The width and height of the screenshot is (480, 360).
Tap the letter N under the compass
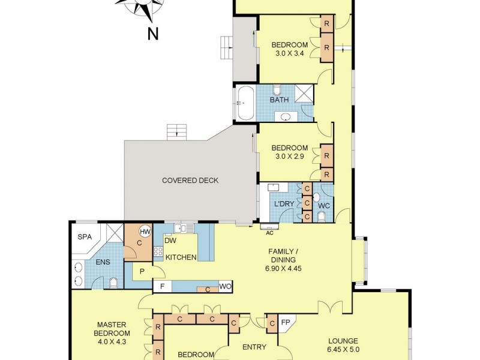pyautogui.click(x=153, y=34)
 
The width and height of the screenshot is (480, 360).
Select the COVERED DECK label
pyautogui.click(x=190, y=181)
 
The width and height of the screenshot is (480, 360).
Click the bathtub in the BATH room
pyautogui.click(x=245, y=104)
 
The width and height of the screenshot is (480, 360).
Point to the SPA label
pyautogui.click(x=85, y=237)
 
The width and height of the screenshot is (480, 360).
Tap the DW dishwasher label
pyautogui.click(x=170, y=241)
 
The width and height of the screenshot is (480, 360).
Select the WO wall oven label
pyautogui.click(x=225, y=286)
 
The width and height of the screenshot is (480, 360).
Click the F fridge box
pyautogui.click(x=161, y=286)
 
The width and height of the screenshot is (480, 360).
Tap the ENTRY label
pyautogui.click(x=254, y=347)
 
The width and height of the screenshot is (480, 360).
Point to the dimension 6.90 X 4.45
pyautogui.click(x=283, y=269)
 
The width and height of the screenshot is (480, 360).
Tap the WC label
pyautogui.click(x=323, y=206)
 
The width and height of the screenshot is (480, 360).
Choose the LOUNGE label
pyautogui.click(x=361, y=339)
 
